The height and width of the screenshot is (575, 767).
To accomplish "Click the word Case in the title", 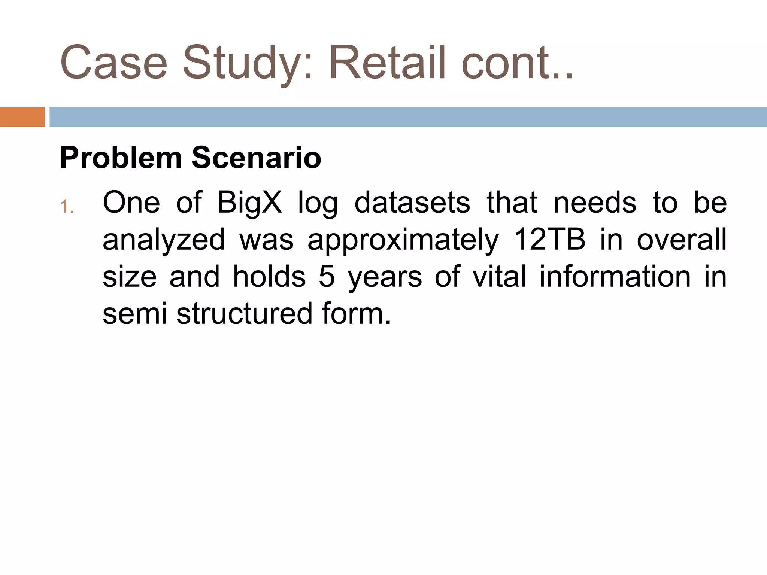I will coord(113,63).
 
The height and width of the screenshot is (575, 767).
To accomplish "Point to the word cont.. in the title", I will coord(517,63).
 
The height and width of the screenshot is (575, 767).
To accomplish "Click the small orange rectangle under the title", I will coord(22,117).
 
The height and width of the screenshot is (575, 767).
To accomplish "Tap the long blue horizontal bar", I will coord(408,117).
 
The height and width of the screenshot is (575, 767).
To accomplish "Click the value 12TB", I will coord(549,240).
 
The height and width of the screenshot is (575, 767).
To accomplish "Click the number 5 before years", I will coord(327,277).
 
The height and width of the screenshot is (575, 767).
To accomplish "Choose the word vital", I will coord(499,277).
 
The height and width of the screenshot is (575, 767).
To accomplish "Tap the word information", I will coord(615,277).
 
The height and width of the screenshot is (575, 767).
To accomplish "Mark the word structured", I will coord(244,314).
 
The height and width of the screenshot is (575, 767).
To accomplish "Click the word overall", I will coord(682,240).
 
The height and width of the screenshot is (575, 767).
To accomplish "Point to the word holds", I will coord(269,277).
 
